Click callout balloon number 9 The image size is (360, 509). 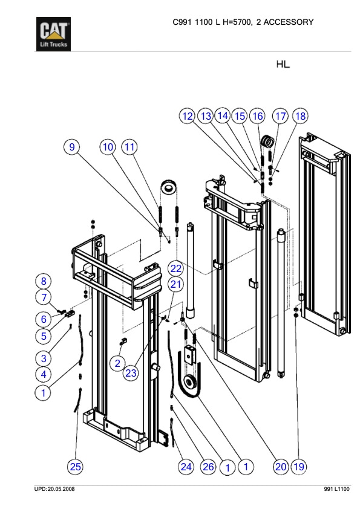73,146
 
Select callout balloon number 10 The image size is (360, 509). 108,146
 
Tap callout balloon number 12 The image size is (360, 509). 188,115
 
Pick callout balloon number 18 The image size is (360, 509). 299,115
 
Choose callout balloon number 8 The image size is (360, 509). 44,280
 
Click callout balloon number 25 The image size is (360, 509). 75,466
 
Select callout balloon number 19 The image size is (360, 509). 298,466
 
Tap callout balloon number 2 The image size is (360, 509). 117,363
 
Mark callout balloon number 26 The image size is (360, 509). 208,466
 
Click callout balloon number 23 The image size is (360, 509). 131,373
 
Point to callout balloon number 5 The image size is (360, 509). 44,336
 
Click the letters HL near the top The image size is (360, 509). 283,65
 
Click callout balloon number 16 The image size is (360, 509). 258,115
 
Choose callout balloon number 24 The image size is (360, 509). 186,466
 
